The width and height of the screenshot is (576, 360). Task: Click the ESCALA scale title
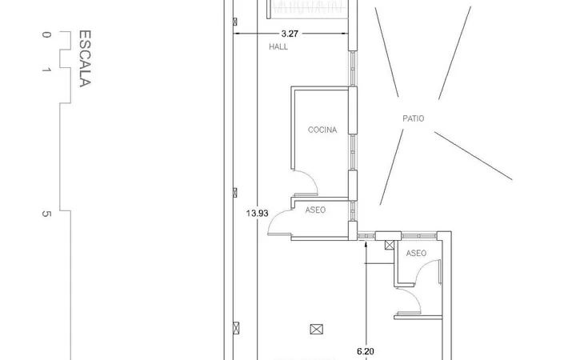[x=85, y=58]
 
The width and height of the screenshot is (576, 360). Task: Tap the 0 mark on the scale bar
[x=46, y=34]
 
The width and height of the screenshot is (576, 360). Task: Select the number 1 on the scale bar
[x=46, y=70]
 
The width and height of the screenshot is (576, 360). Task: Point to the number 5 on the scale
[x=46, y=214]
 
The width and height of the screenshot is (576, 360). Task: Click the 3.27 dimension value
[x=290, y=34]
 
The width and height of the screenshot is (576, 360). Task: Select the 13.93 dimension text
[x=257, y=213]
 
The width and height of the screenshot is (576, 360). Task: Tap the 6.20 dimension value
[x=366, y=351]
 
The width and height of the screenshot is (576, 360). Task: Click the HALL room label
[x=278, y=46]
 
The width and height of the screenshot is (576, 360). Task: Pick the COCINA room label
[x=322, y=130]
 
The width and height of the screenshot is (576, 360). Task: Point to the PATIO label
[x=414, y=118]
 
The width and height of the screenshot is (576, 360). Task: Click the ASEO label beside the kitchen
[x=315, y=210]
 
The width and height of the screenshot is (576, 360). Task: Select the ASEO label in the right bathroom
[x=416, y=253]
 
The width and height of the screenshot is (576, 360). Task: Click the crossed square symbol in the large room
[x=316, y=329]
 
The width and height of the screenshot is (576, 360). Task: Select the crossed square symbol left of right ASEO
[x=390, y=245]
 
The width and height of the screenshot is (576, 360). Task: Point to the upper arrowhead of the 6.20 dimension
[x=366, y=244]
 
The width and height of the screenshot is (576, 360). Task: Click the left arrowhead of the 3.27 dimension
[x=237, y=34]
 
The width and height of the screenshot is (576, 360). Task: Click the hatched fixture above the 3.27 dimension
[x=308, y=9]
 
